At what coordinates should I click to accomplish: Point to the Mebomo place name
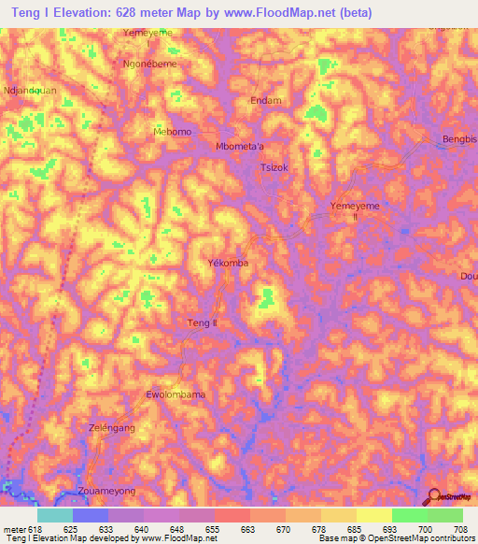click(172, 132)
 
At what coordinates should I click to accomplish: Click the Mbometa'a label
click(240, 147)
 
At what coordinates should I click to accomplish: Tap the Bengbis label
click(457, 140)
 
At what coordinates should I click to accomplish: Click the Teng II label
click(203, 322)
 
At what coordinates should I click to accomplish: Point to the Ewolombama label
click(176, 394)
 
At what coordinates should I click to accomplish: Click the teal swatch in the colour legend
click(54, 515)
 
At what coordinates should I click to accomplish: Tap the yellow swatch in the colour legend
click(373, 515)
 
